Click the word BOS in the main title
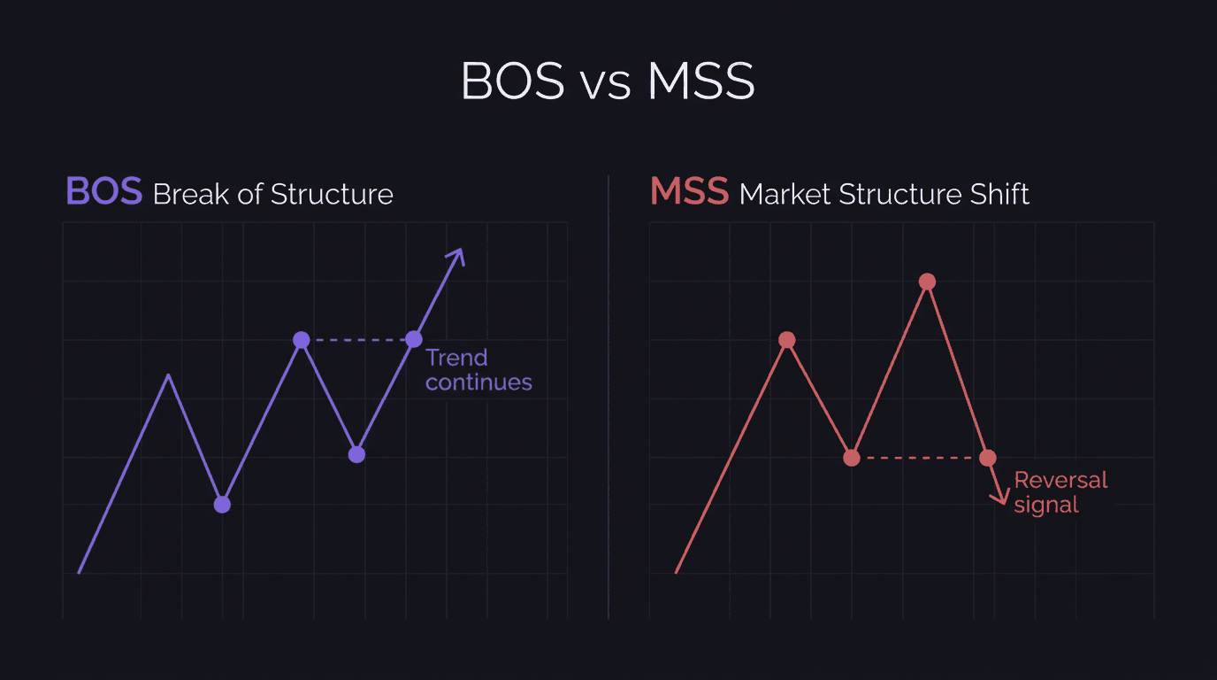pos(512,81)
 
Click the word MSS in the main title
pos(700,81)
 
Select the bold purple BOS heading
pos(103,192)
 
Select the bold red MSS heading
pos(689,192)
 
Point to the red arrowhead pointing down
pos(1000,498)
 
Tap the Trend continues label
pos(478,370)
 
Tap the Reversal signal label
pos(1060,492)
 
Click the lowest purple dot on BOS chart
pos(222,505)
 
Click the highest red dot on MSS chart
pos(927,282)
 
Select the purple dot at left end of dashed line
pos(302,339)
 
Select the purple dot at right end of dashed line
pos(414,339)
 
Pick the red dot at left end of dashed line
pos(852,458)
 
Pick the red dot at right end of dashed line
pos(988,458)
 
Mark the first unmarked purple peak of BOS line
pos(169,376)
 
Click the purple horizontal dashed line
pos(357,339)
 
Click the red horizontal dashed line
pos(920,458)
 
